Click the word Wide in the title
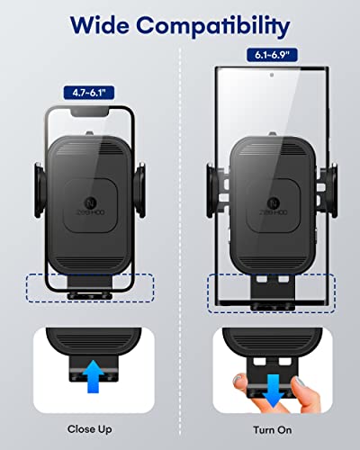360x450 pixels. (100, 25)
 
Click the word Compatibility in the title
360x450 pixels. (213, 27)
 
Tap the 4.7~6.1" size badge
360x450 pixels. (89, 93)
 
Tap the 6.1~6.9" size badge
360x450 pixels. (272, 55)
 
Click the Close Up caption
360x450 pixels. (90, 429)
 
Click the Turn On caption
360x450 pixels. (273, 429)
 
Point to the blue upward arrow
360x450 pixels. (94, 376)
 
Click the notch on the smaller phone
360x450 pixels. (90, 112)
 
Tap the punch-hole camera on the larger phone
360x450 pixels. (272, 75)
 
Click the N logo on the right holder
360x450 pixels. (273, 202)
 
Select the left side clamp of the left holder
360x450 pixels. (40, 190)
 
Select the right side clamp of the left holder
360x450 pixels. (139, 190)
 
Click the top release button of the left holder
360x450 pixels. (89, 133)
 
